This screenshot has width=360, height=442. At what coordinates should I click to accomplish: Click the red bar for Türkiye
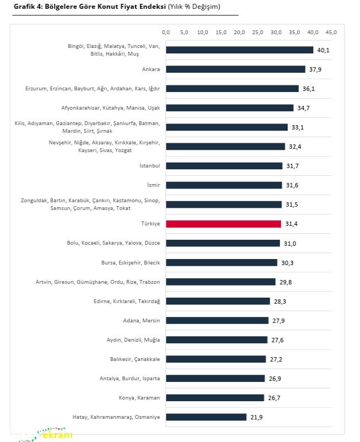click(223, 224)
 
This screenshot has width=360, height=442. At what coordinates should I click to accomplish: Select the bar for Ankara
click(235, 69)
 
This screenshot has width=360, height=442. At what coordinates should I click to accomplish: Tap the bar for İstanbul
click(224, 166)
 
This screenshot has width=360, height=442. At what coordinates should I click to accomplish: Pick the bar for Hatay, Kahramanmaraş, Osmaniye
click(206, 417)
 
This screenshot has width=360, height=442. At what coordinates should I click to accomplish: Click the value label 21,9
click(256, 417)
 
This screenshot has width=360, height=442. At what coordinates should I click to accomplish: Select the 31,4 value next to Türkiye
click(291, 224)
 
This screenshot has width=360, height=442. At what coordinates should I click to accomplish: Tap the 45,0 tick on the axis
click(331, 33)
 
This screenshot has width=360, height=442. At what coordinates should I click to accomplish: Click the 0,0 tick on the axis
click(166, 33)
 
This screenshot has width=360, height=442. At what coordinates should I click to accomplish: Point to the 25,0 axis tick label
click(258, 33)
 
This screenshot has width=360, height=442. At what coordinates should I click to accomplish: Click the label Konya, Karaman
click(139, 397)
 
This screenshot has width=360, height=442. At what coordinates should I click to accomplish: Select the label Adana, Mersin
click(141, 320)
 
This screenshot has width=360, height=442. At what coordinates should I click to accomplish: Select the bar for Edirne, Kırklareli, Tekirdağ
click(218, 301)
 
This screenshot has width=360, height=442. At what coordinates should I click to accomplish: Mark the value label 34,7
click(303, 108)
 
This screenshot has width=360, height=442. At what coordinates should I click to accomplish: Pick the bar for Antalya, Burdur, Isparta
click(215, 378)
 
